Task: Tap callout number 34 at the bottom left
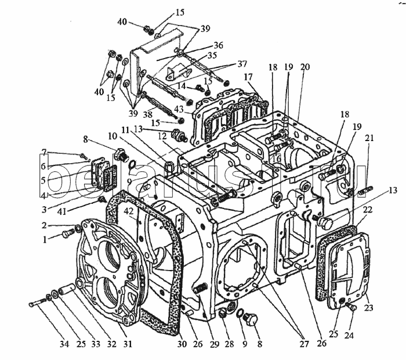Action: (64, 344)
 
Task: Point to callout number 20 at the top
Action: (305, 67)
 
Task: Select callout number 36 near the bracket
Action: (218, 45)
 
